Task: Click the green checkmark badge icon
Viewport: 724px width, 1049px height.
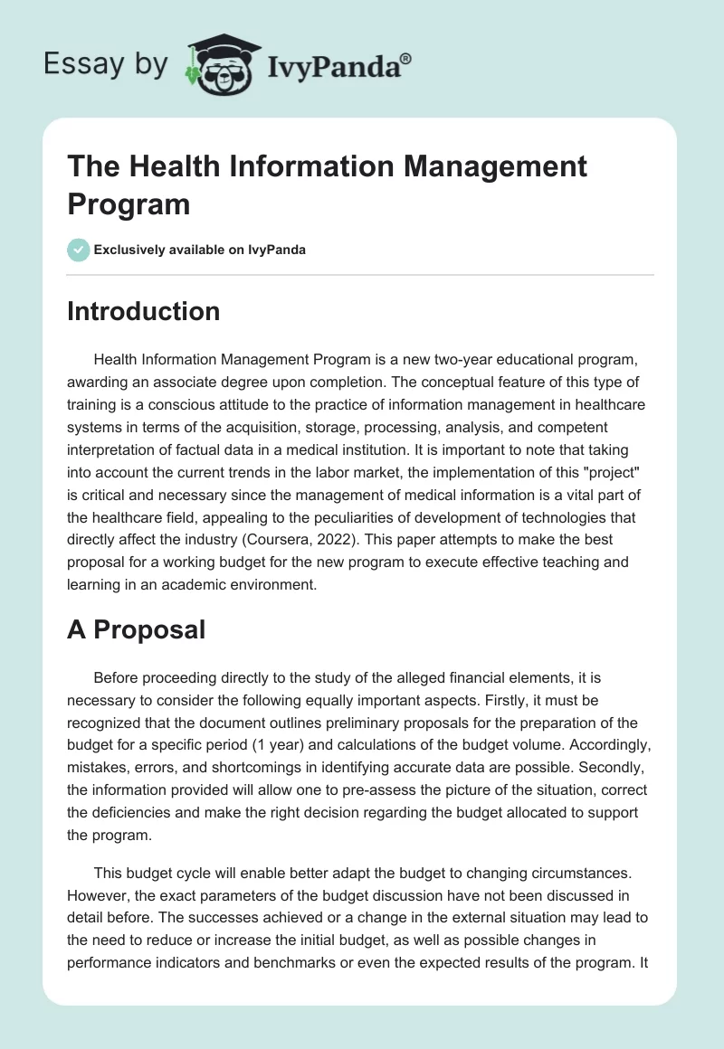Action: click(x=79, y=250)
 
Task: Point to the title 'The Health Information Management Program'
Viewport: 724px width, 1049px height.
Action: click(x=327, y=184)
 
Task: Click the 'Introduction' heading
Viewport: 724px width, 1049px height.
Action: click(x=143, y=311)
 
